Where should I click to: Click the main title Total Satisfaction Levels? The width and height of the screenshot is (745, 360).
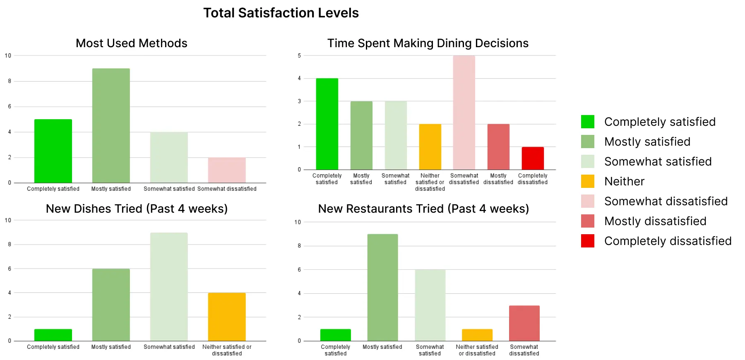pyautogui.click(x=281, y=13)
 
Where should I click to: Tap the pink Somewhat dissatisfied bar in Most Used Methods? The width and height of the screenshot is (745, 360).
pyautogui.click(x=227, y=170)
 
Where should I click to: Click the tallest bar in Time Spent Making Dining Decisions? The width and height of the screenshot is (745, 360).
pyautogui.click(x=464, y=113)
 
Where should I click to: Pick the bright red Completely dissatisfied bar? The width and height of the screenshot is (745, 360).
pyautogui.click(x=533, y=158)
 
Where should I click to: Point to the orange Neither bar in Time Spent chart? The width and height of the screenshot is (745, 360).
pyautogui.click(x=430, y=147)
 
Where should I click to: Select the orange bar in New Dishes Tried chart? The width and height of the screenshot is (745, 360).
pyautogui.click(x=227, y=317)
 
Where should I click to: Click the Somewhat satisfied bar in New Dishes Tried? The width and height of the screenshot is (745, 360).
pyautogui.click(x=169, y=287)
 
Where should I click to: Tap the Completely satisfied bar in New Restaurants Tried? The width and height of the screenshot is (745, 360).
pyautogui.click(x=336, y=335)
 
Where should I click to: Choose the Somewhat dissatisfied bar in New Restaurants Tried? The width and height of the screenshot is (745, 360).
pyautogui.click(x=524, y=323)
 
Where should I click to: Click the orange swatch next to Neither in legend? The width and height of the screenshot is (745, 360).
pyautogui.click(x=588, y=181)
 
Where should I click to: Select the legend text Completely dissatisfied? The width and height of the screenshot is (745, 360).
pyautogui.click(x=668, y=241)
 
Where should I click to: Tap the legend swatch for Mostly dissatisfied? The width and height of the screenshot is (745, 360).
pyautogui.click(x=588, y=221)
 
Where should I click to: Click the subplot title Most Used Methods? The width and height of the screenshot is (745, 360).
pyautogui.click(x=132, y=43)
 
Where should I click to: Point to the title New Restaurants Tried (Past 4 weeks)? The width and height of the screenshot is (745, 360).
pyautogui.click(x=423, y=209)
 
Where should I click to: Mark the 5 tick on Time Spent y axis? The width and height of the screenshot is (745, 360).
pyautogui.click(x=299, y=55)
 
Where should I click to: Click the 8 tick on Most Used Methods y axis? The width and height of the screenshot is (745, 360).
pyautogui.click(x=10, y=81)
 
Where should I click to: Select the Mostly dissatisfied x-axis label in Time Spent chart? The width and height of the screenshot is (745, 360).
pyautogui.click(x=498, y=179)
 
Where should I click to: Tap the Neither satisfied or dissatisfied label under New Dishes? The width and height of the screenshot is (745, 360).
pyautogui.click(x=227, y=350)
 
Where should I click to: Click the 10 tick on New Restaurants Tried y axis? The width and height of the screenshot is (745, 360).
pyautogui.click(x=298, y=222)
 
